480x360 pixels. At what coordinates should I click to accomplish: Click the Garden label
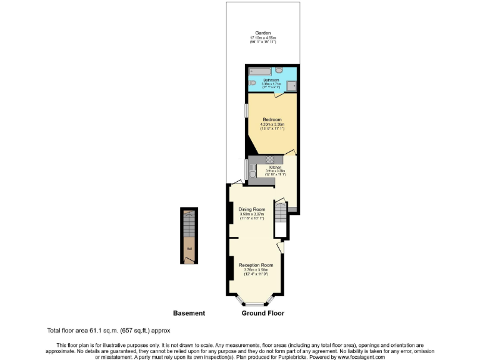262,32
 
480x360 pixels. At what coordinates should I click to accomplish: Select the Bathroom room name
271,80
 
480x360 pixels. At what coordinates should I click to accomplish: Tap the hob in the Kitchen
272,159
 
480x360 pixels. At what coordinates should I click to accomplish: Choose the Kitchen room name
275,167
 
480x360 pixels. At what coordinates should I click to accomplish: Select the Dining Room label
252,209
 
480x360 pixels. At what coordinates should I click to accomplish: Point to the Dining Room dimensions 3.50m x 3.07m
252,214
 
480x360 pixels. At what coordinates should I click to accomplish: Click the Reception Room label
256,265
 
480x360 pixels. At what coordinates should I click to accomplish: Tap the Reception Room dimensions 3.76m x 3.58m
256,270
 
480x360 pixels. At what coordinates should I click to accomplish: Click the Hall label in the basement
188,249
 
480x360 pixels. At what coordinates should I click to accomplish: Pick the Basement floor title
189,313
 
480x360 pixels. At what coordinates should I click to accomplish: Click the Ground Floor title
263,313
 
